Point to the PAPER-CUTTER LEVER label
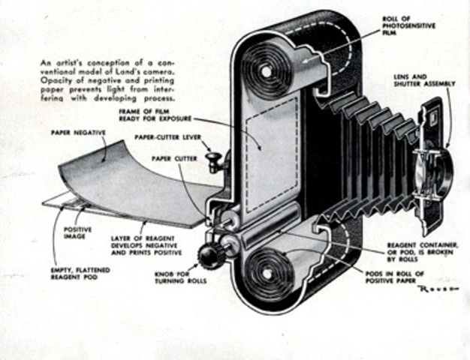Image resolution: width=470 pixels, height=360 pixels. click(x=168, y=137)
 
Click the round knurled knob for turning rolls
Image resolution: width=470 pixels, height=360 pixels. click(x=207, y=254)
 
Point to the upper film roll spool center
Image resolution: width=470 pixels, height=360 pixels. click(x=264, y=71)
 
